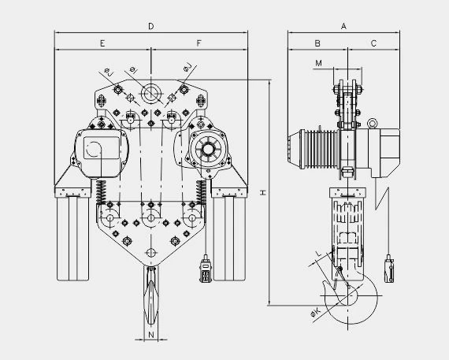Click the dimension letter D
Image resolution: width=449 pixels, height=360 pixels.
(x=151, y=26)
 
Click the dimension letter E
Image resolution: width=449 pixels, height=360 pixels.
(x=102, y=43)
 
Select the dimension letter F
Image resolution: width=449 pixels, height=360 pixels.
(x=199, y=43)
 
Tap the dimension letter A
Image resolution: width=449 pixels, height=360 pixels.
(x=343, y=26)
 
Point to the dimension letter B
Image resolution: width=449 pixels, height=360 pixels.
(x=317, y=43)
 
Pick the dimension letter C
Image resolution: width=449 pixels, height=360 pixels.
(x=373, y=43)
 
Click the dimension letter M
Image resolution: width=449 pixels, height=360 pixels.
(x=318, y=63)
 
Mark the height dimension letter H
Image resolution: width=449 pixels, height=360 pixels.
(x=263, y=192)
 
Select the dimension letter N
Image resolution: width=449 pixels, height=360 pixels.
(x=151, y=334)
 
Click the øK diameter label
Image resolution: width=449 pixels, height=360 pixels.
(x=316, y=312)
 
